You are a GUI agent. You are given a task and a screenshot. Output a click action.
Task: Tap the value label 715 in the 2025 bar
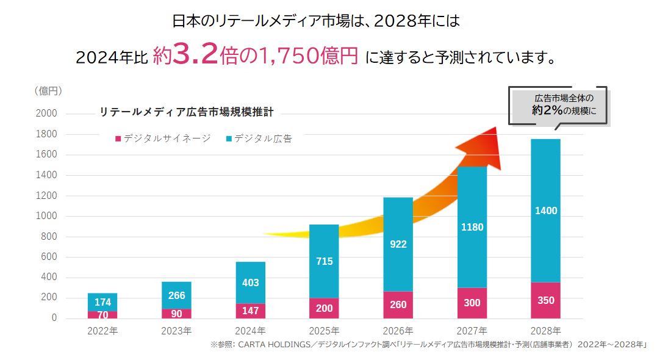(x=324, y=261)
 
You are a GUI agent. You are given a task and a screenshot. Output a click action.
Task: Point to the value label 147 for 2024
(x=250, y=311)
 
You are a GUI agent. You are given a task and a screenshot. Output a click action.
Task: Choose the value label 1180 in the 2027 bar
(x=472, y=227)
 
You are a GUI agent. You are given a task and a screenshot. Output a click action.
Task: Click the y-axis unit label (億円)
(x=48, y=91)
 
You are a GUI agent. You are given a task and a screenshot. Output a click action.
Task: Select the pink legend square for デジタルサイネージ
(x=118, y=139)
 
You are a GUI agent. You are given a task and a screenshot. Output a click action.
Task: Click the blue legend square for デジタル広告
(x=229, y=139)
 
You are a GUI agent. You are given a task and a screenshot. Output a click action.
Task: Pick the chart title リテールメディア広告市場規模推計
(x=187, y=112)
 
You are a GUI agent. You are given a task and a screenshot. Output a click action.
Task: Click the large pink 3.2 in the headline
(x=193, y=56)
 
